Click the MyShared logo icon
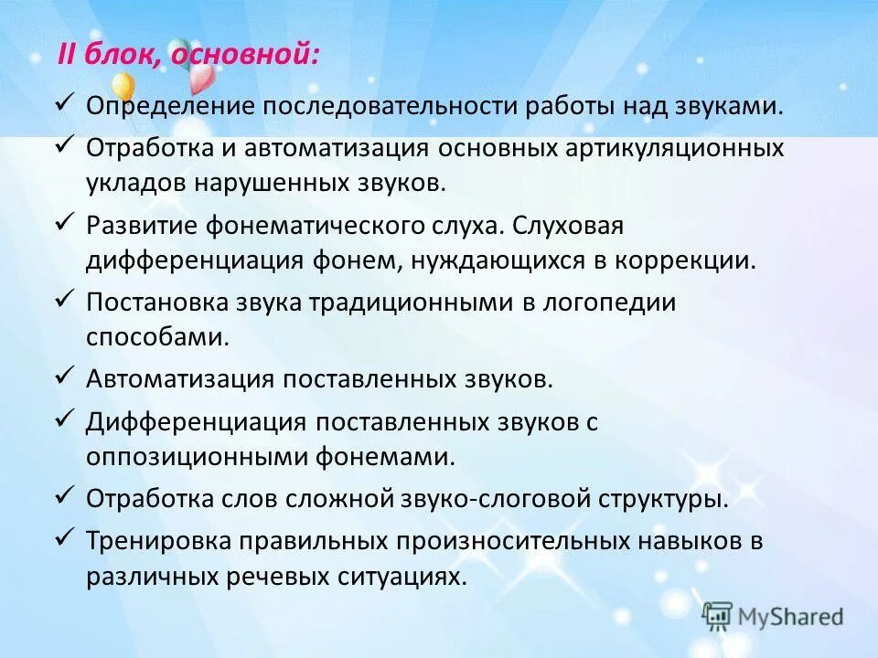pos(718,615)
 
